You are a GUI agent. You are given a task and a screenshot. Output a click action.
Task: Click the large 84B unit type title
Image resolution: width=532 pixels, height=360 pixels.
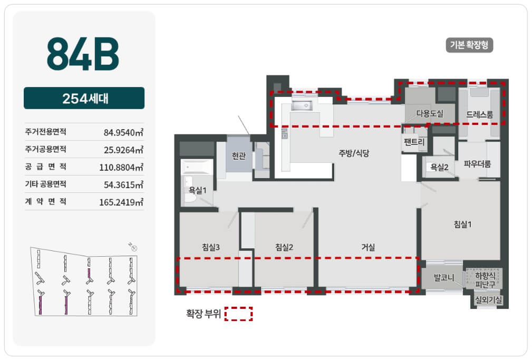[83, 54]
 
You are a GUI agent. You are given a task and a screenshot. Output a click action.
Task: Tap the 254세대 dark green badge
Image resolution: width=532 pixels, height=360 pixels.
[84, 98]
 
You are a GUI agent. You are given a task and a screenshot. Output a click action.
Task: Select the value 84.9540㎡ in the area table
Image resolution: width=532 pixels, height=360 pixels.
[123, 132]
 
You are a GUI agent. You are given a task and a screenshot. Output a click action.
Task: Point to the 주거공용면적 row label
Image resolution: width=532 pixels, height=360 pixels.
[45, 149]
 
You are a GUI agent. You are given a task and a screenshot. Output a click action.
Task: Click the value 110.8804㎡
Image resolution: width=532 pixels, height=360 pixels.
[121, 167]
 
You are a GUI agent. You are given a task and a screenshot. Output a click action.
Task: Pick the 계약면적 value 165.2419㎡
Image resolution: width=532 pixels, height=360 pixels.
[121, 202]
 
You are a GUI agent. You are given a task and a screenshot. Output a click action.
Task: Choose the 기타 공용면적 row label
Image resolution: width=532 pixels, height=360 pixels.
[45, 184]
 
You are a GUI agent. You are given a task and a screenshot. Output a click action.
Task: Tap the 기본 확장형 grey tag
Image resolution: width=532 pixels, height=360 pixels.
[469, 45]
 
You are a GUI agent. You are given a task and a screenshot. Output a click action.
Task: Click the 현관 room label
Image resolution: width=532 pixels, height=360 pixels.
[238, 155]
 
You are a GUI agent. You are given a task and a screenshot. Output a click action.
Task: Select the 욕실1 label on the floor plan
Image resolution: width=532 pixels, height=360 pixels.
[198, 190]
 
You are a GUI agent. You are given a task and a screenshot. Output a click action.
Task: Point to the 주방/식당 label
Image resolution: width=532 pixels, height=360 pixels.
[354, 153]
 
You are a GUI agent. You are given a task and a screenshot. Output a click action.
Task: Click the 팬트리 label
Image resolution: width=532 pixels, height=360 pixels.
[414, 142]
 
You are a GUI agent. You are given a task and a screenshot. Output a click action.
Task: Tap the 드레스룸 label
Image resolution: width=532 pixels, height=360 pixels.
[479, 115]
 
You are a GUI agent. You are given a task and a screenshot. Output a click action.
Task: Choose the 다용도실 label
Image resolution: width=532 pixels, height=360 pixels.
[430, 113]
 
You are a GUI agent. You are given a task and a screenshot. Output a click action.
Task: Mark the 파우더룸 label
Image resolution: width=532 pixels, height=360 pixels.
[477, 164]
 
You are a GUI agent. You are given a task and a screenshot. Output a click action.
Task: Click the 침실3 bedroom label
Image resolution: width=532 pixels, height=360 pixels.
[211, 247]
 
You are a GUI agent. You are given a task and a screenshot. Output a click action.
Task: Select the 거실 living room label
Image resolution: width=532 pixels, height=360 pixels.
[368, 247]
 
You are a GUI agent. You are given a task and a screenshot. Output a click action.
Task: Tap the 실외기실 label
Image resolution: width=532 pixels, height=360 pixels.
[489, 299]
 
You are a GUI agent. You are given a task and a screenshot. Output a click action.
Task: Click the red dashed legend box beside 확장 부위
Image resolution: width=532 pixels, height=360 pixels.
[238, 314]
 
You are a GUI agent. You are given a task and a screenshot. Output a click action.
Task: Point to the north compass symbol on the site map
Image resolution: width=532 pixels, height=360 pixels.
[133, 247]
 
